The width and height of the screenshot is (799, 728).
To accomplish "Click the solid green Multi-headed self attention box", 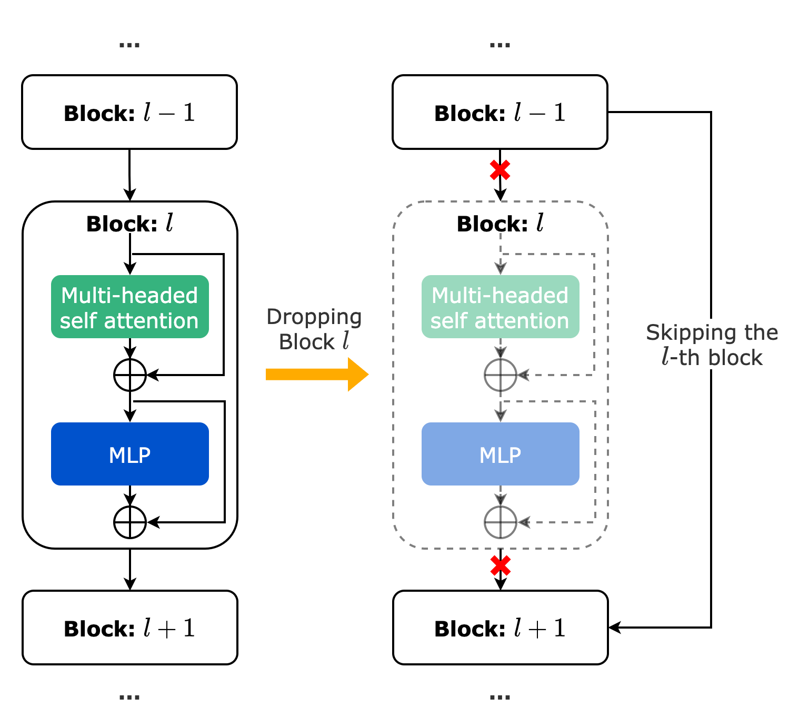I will point(129,307).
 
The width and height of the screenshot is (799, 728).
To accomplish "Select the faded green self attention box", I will point(500,307).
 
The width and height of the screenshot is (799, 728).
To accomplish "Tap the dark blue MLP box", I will point(129,454).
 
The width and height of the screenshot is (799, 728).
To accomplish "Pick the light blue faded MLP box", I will point(500,454).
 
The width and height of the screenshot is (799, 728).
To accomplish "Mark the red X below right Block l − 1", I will point(500,170).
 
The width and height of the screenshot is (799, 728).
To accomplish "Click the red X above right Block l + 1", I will point(500,565).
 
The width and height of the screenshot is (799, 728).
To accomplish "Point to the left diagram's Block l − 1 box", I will point(129,112).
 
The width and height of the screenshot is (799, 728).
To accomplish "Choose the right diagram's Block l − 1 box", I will point(500,112).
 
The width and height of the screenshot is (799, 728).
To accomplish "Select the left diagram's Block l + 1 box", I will point(129,628).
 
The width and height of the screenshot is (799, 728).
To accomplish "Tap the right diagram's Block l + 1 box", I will point(500,628).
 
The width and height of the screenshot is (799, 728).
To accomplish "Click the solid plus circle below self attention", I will point(129,375).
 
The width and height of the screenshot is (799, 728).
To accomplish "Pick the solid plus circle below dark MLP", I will point(129,522).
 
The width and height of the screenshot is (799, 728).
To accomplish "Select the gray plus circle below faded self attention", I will point(500,375).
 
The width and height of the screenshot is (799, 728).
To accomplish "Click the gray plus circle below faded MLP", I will point(500,522).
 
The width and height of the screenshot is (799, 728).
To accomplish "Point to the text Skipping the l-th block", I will point(712,345).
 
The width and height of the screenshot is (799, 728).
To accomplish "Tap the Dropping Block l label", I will point(314,329).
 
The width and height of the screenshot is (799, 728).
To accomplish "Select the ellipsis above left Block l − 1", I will point(129,45).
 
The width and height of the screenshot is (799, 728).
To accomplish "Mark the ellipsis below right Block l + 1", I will point(500,697).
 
